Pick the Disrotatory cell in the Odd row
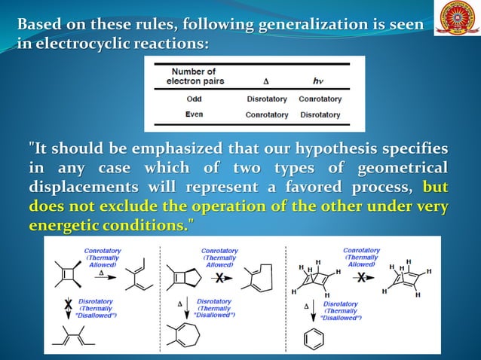pos(267,99)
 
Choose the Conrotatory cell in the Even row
pos(267,115)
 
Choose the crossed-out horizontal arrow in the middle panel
pos(219,279)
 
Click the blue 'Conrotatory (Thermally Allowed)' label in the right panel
pos(361,258)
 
